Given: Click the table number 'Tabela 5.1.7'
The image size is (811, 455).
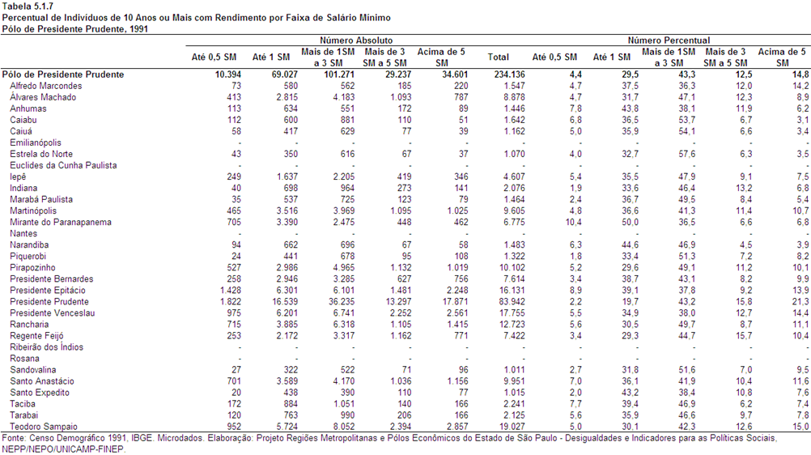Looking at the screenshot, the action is click(28, 6).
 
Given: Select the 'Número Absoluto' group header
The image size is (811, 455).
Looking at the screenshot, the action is click(356, 40).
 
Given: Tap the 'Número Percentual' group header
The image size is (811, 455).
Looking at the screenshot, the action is click(669, 40).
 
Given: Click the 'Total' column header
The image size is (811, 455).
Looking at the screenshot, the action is click(498, 57).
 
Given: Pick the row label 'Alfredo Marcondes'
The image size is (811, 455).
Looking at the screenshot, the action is click(45, 86).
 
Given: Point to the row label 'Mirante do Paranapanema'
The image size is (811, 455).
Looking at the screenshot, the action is click(61, 222).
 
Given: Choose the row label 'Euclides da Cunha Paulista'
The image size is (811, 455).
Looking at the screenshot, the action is click(63, 165).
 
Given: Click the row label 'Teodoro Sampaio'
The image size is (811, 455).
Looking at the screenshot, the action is click(44, 427).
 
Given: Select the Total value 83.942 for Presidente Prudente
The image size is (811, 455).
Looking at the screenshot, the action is click(512, 302).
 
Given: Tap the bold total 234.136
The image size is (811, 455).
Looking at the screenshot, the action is click(509, 74).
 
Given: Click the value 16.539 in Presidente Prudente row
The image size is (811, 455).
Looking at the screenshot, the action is click(284, 302).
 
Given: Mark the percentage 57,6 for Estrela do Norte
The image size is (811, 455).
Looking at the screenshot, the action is click(687, 154).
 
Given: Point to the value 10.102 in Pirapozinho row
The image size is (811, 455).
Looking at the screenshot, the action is click(512, 268).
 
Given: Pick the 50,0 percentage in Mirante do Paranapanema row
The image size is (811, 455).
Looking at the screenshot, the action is click(630, 222).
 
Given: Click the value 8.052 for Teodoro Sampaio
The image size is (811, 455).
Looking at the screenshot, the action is click(344, 427).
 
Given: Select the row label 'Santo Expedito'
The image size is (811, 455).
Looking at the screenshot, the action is click(40, 393).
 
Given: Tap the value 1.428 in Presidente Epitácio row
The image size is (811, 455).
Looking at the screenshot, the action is click(230, 291).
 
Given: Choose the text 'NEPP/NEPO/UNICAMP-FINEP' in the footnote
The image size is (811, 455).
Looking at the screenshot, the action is click(64, 449).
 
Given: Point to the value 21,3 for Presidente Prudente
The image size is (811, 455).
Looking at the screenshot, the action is click(800, 302).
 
